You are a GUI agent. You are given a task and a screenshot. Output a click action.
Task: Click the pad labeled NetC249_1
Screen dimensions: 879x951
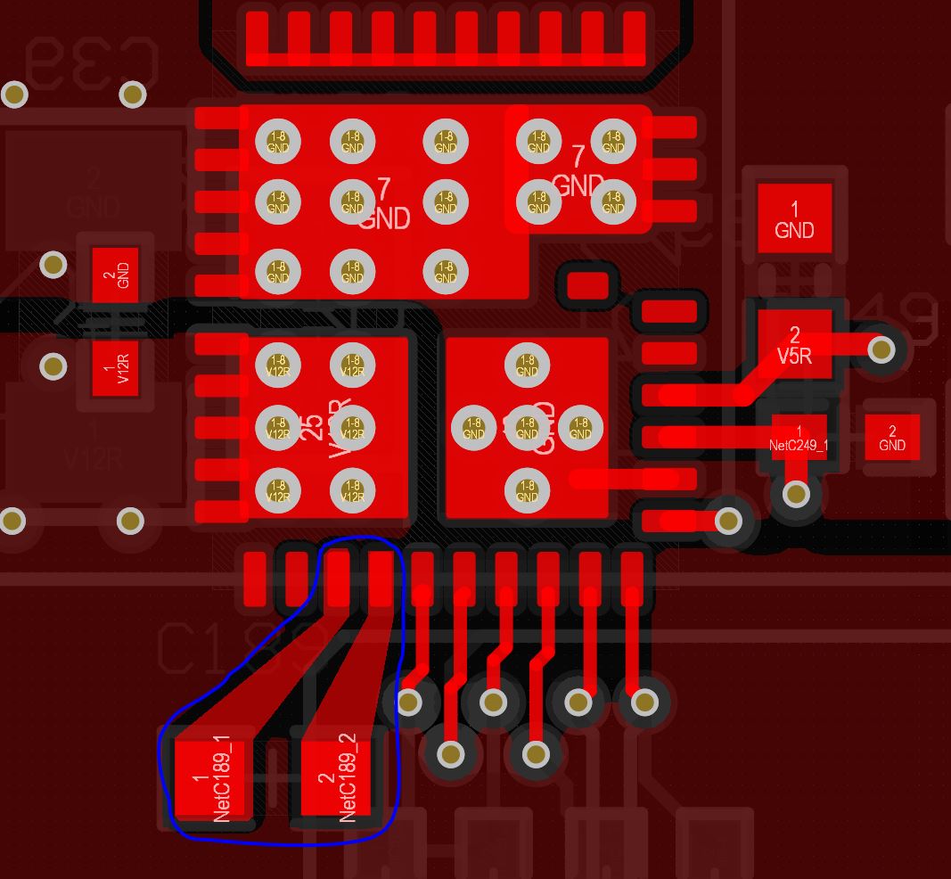click(x=799, y=438)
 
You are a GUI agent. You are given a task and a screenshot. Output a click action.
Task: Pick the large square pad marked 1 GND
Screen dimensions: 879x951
click(x=794, y=219)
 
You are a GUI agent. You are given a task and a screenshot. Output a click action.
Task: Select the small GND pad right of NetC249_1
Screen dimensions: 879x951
click(x=892, y=438)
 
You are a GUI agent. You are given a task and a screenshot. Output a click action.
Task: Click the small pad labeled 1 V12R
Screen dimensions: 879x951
click(x=115, y=367)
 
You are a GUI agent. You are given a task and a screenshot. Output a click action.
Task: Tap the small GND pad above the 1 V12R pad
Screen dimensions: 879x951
click(x=115, y=275)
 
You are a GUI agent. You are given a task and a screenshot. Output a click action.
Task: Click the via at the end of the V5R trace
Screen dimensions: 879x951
click(x=881, y=349)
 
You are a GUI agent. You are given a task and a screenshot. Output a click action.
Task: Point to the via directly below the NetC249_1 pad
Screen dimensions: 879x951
click(x=796, y=493)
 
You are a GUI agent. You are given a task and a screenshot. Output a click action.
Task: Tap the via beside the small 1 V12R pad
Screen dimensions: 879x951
click(x=53, y=366)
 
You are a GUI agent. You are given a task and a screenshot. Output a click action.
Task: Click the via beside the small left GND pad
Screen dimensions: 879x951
click(x=53, y=264)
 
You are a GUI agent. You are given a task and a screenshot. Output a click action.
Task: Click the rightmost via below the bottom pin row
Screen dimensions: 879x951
click(x=644, y=703)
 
